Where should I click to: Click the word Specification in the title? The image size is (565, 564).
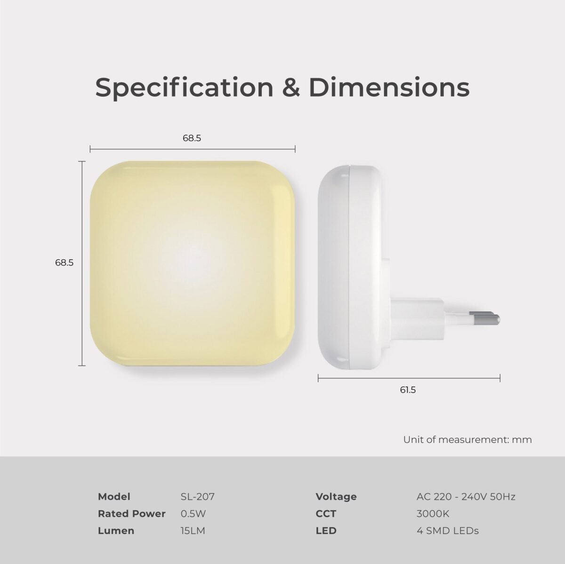point(184,88)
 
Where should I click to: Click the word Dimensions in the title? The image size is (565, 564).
point(389,87)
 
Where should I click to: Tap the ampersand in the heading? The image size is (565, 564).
point(291,87)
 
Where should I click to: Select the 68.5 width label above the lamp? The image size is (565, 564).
point(192,138)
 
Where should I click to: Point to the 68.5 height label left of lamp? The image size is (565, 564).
point(64,263)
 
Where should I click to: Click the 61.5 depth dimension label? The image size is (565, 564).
point(408,390)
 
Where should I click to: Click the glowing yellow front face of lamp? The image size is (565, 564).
point(193,263)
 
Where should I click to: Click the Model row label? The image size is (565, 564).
point(114,497)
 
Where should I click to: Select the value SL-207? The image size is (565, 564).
point(198,497)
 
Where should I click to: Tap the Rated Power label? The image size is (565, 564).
point(132,514)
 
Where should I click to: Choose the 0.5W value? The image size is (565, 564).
point(193,514)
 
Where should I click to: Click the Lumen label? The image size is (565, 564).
point(116,531)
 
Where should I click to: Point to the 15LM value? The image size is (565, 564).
point(193,531)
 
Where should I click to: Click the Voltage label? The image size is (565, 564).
point(336,497)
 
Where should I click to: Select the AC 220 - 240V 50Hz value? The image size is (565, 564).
point(466,497)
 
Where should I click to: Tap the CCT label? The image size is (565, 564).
point(326,514)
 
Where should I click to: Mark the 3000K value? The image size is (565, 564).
point(433,514)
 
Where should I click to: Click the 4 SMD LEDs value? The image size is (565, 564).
point(447,531)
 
